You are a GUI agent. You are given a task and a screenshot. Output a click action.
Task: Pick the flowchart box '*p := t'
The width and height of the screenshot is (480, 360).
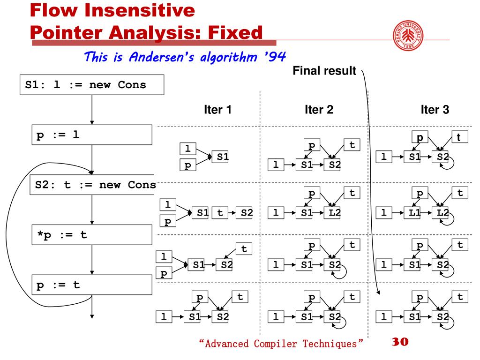(92, 235)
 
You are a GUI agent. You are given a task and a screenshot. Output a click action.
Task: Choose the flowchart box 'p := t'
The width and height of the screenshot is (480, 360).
(92, 285)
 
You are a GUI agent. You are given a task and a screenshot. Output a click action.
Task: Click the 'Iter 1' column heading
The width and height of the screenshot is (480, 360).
(217, 110)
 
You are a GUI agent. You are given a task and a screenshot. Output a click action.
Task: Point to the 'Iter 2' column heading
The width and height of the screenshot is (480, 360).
(319, 110)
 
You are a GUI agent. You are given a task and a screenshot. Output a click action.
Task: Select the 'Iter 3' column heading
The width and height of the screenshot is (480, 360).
(435, 110)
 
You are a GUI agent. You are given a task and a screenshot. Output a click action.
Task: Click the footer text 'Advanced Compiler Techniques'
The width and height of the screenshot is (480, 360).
(281, 344)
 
